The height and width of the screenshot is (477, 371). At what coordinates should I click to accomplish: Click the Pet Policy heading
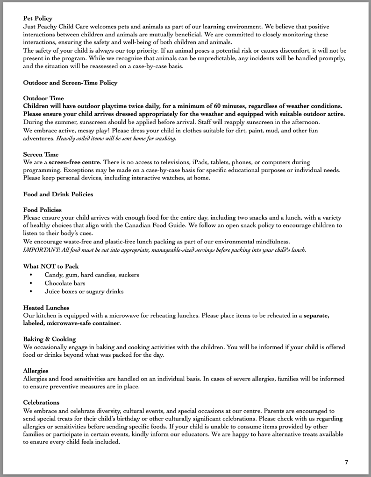tap(38, 18)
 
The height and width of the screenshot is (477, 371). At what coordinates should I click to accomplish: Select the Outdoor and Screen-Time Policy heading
tap(70, 83)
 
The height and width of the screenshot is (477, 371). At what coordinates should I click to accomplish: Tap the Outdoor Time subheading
tap(44, 98)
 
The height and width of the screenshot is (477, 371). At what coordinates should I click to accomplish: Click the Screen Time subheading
tap(42, 154)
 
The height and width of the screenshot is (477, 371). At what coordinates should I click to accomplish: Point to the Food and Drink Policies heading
tap(58, 194)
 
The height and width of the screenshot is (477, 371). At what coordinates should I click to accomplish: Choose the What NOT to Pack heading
tap(51, 266)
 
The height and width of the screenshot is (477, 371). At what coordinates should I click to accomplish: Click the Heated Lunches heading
tap(46, 308)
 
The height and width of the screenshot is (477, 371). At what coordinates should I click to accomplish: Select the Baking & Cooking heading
tap(50, 339)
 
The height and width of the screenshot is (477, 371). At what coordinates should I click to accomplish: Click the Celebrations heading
tap(42, 402)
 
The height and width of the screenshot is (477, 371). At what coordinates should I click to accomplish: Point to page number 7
tap(346, 462)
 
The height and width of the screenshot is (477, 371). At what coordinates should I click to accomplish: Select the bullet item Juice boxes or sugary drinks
tap(84, 291)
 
